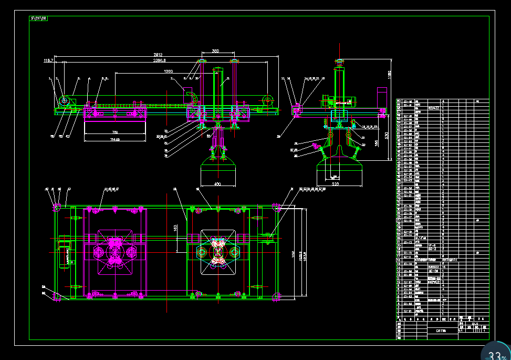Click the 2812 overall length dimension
[x=158, y=54]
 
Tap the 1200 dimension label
[x=168, y=71]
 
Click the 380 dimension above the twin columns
[x=215, y=51]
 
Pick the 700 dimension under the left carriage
[x=114, y=132]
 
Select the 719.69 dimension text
[x=114, y=139]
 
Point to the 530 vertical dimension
[x=387, y=135]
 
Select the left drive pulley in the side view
[x=65, y=100]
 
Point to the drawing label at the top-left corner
[x=38, y=18]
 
